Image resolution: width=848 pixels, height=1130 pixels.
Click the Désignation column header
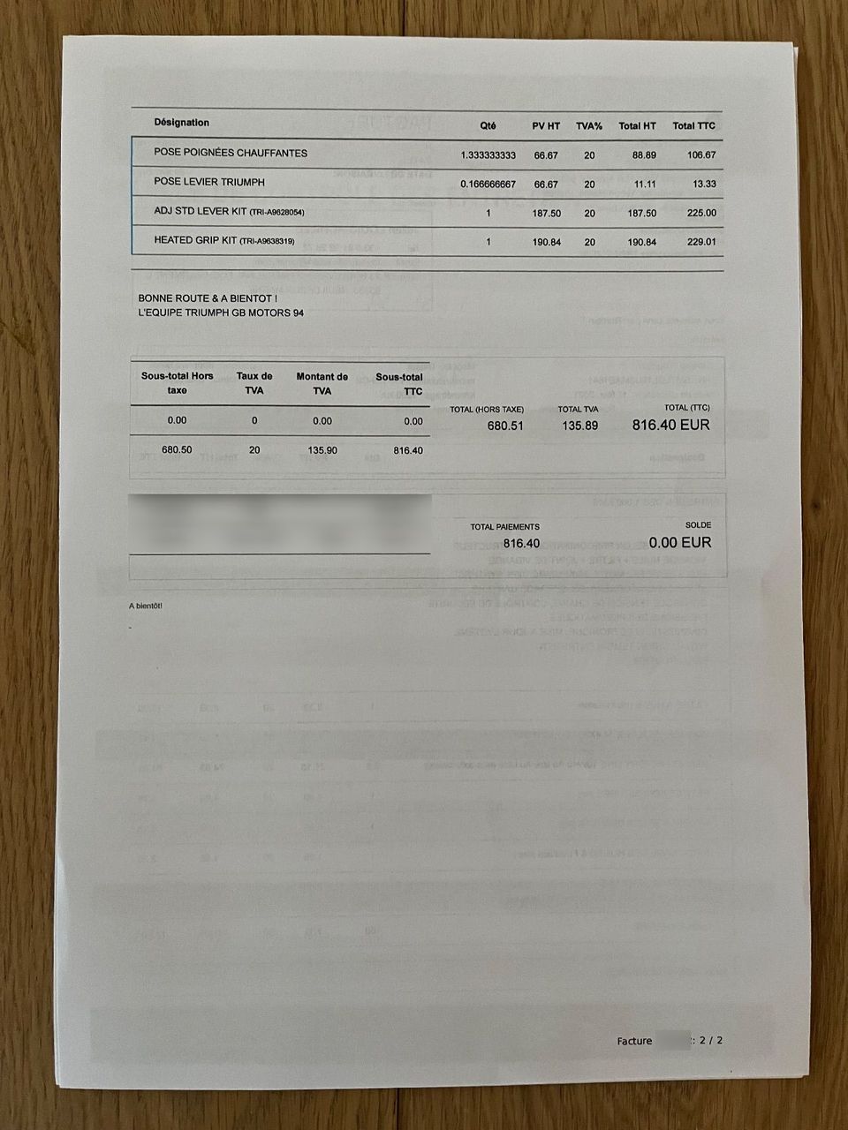[x=181, y=123]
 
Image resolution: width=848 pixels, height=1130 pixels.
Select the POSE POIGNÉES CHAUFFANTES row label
[x=231, y=153]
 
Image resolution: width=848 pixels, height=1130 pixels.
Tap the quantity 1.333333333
[x=488, y=155]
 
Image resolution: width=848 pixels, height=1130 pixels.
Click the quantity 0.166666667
[x=488, y=185]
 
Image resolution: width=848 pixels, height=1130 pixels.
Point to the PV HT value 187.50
[x=547, y=214]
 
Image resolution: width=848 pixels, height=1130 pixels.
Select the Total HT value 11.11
[x=643, y=185]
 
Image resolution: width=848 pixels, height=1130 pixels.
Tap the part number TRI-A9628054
[x=277, y=213]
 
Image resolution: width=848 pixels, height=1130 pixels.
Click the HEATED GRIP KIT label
[x=194, y=240]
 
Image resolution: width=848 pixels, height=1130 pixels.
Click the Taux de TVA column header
[x=254, y=382]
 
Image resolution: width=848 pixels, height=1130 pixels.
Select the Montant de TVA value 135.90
[x=322, y=450]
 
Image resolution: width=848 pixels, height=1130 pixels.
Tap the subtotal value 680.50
[x=177, y=450]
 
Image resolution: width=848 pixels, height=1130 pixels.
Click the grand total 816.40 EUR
[x=670, y=425]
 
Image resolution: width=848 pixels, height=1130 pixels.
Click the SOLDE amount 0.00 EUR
[x=679, y=543]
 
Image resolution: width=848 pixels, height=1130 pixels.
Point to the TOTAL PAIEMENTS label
[x=504, y=527]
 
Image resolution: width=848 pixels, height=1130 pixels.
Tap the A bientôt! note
[x=146, y=606]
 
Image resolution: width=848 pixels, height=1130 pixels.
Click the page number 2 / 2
[x=710, y=1040]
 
